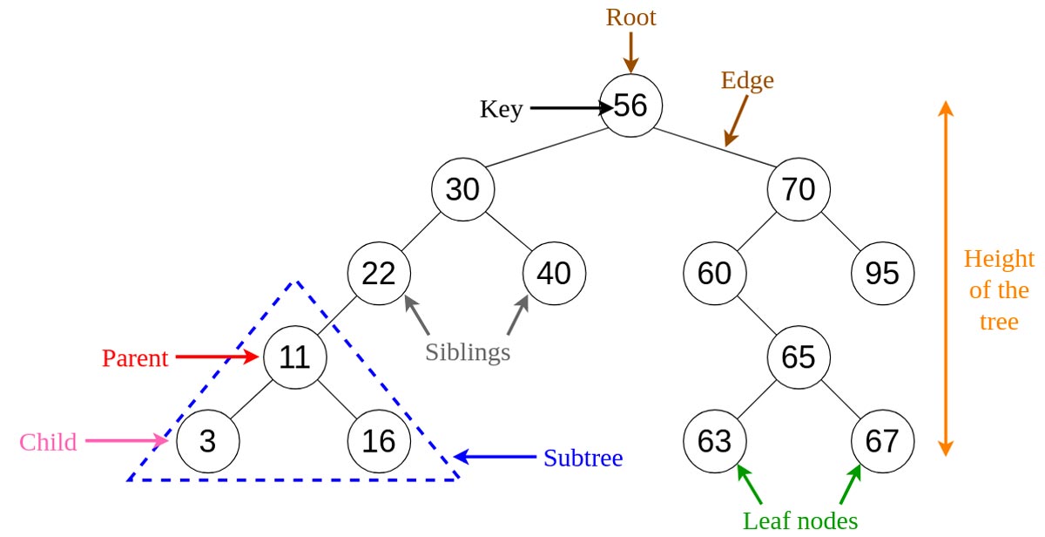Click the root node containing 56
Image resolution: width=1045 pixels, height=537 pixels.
pos(630,105)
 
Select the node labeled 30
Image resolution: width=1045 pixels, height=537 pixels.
pos(462,189)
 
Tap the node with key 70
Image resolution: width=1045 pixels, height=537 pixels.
pos(799,189)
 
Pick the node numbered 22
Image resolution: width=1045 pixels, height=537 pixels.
pos(379,274)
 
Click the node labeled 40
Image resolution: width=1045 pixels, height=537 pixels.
pos(554,274)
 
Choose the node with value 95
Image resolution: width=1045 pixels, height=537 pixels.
pos(882,274)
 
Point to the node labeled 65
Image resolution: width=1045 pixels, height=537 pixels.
pos(799,357)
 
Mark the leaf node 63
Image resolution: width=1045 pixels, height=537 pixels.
pos(715,441)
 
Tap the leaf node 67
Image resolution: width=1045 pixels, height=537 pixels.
pos(882,441)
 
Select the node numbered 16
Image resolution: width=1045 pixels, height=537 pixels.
pos(379,441)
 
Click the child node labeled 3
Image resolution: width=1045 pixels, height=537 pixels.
pos(207,441)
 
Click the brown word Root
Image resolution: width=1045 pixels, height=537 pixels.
pos(630,17)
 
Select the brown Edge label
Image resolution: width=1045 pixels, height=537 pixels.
pos(747,81)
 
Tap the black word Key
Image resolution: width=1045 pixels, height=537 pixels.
pos(501,109)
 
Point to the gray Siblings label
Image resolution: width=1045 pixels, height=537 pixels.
pos(468,352)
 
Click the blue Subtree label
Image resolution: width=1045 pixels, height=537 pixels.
pos(583,458)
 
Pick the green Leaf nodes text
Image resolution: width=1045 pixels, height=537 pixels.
pos(800,520)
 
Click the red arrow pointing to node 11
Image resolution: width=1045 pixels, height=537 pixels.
pos(218,357)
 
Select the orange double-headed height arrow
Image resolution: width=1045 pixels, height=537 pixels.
pos(946,279)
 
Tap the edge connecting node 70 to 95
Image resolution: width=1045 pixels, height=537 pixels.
pos(840,231)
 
